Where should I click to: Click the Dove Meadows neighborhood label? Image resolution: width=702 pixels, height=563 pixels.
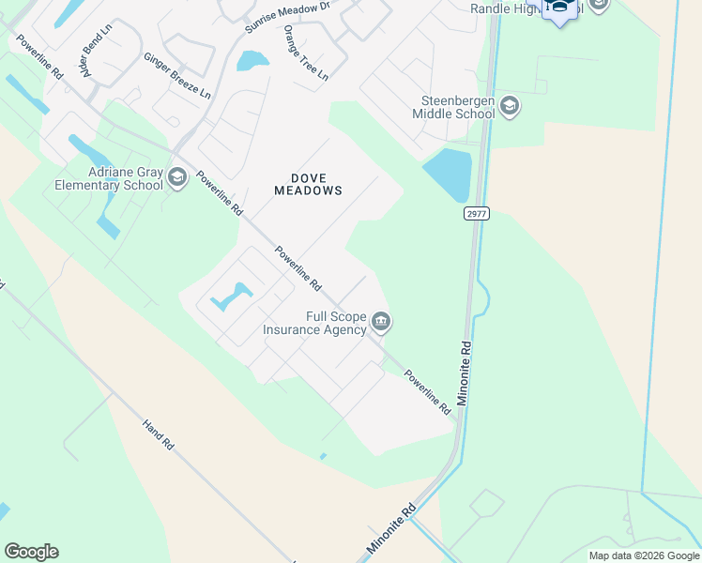click(307, 183)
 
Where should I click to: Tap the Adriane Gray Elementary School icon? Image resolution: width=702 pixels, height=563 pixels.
click(176, 177)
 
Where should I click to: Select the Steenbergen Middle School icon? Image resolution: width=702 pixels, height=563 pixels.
click(510, 105)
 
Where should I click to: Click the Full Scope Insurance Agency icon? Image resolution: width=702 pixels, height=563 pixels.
click(381, 323)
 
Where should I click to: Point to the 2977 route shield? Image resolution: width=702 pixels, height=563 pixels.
click(476, 214)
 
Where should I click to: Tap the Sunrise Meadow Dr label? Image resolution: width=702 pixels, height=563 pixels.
click(288, 17)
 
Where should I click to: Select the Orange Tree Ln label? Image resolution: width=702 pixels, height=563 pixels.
click(306, 52)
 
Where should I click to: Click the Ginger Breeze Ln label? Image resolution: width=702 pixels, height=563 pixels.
click(176, 75)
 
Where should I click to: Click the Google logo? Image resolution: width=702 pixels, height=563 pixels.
click(31, 552)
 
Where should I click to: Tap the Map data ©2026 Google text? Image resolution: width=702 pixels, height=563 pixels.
click(643, 555)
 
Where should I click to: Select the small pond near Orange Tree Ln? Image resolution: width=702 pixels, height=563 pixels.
click(252, 61)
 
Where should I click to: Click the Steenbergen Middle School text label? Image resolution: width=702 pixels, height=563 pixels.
click(453, 107)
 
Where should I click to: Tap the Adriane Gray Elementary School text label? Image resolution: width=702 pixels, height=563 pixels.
click(109, 178)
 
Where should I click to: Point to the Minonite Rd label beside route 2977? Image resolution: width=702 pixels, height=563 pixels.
click(465, 373)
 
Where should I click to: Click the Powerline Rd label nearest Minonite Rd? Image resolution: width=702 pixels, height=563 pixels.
click(428, 392)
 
